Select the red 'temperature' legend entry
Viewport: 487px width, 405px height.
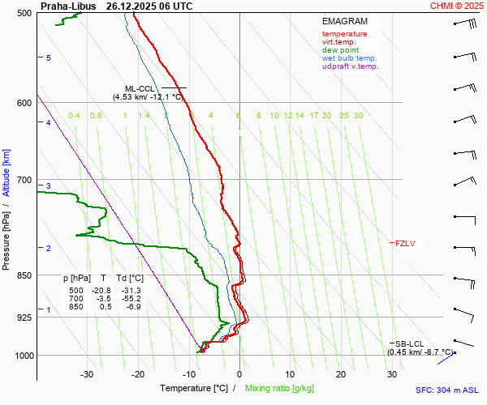coord(344,34)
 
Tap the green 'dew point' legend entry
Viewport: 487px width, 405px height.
coord(340,50)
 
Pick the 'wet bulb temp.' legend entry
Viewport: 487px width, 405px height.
coord(349,58)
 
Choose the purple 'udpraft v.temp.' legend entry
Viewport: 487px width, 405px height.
coord(350,66)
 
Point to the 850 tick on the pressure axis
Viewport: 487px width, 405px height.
coord(24,275)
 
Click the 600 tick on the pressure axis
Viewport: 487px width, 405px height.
coord(24,103)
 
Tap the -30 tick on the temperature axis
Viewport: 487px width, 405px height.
coord(88,374)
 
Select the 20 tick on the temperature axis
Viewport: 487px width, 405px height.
coord(341,374)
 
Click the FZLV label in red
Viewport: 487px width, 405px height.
coord(405,243)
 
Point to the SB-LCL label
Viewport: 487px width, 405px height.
coord(410,343)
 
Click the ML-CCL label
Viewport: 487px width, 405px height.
coord(140,88)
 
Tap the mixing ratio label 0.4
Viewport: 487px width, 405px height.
coord(74,116)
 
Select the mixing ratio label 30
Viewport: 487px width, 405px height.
coord(358,116)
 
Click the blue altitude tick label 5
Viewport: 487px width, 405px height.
coord(49,58)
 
